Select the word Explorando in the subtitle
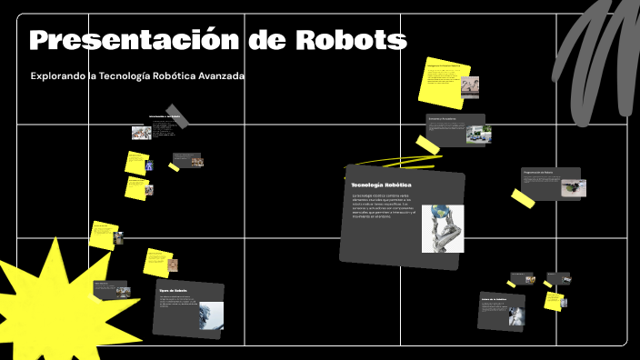coord(59,76)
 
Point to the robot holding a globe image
coord(443,228)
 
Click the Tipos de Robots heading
coord(173,290)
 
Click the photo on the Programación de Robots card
coord(573,187)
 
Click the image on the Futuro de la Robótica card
coord(515,315)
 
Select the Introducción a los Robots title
coord(165,117)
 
